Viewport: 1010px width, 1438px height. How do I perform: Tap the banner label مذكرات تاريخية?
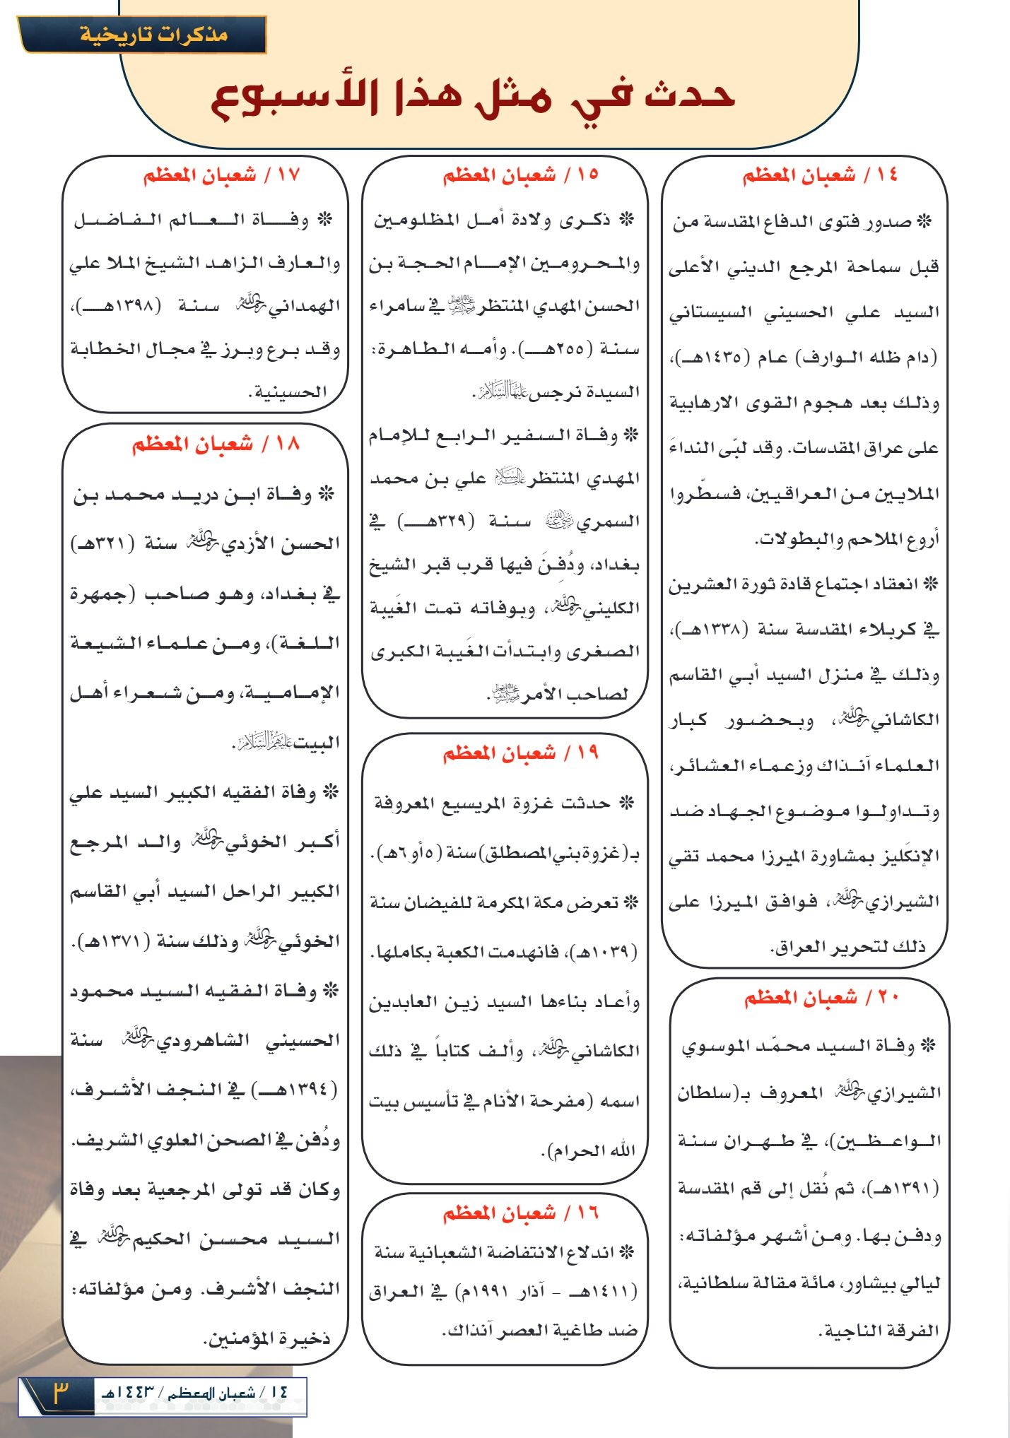point(154,34)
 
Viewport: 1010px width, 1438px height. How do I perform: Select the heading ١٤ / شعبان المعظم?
point(819,176)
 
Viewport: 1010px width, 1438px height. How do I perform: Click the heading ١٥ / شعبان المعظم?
point(520,175)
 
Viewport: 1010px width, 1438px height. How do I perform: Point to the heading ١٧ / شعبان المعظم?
point(221,175)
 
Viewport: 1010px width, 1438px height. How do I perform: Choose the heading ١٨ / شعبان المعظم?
point(216,444)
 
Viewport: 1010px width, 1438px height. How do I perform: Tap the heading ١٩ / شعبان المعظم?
point(520,753)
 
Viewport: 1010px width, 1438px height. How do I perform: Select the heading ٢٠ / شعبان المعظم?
point(821,998)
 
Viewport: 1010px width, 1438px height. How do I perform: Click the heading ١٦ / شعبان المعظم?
point(520,1213)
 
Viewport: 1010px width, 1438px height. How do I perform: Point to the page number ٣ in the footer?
point(60,1394)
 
